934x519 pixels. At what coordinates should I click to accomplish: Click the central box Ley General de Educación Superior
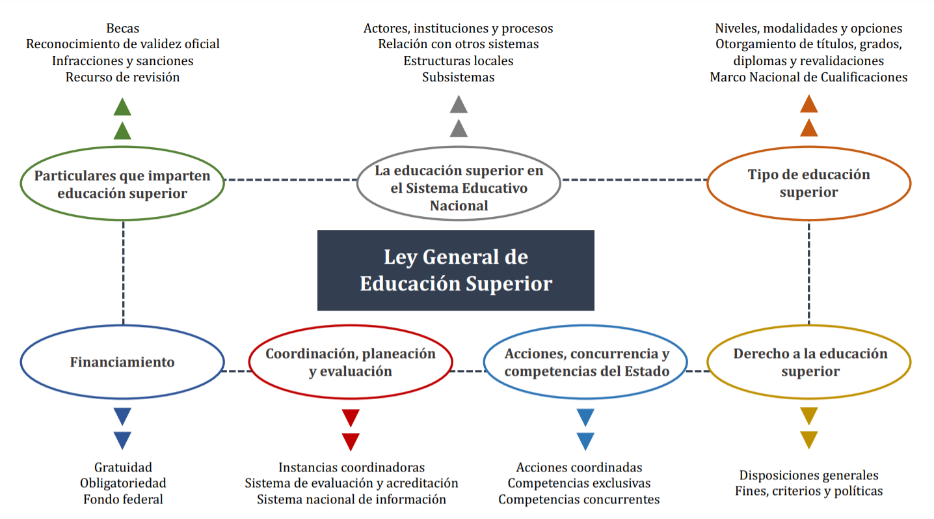(x=455, y=270)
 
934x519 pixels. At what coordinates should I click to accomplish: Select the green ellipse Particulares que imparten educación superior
(x=122, y=184)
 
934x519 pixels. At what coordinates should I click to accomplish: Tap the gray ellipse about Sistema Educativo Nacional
(x=459, y=188)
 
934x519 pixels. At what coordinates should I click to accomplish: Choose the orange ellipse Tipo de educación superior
(x=808, y=183)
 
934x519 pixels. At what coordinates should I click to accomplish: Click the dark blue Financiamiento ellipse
(x=122, y=362)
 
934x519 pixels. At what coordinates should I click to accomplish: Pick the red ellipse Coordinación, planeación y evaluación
(x=350, y=362)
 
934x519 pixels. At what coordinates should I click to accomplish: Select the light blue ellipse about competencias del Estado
(x=586, y=363)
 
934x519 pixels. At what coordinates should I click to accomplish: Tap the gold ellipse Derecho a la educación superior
(x=810, y=362)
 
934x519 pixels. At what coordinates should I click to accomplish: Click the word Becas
(x=123, y=28)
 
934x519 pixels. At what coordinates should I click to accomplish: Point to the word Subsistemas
(x=458, y=77)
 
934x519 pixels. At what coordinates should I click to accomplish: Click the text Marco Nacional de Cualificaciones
(x=808, y=77)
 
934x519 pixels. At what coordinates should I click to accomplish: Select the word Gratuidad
(x=123, y=467)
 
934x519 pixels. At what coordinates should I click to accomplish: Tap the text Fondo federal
(x=123, y=499)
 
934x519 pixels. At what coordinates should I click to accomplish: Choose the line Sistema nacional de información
(x=351, y=499)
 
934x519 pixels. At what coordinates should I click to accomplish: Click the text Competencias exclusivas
(x=579, y=483)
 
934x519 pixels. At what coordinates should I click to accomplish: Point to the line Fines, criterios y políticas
(x=808, y=491)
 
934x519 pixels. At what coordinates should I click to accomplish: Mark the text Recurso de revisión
(x=123, y=77)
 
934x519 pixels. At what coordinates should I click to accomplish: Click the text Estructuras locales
(x=458, y=61)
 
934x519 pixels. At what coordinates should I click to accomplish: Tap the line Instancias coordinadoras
(x=351, y=467)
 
